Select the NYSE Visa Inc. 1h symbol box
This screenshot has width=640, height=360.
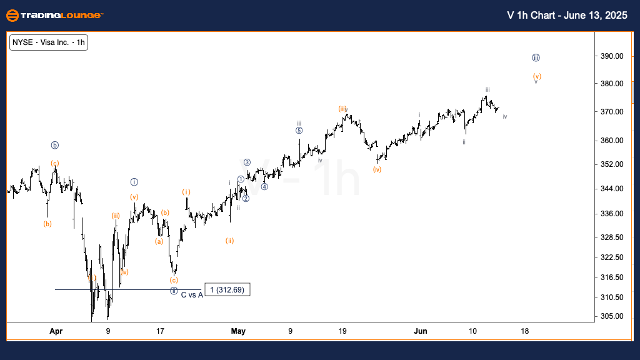(x=48, y=42)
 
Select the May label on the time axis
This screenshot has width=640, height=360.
(x=238, y=331)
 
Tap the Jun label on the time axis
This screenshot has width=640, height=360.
(x=421, y=331)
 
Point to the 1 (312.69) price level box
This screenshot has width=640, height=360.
(x=227, y=290)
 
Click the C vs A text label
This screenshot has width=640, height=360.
(x=192, y=294)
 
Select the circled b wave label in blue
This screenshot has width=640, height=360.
(x=55, y=146)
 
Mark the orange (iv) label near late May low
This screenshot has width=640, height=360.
(x=377, y=169)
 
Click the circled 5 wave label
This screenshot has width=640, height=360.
(x=299, y=131)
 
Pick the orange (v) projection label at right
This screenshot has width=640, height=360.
(x=537, y=76)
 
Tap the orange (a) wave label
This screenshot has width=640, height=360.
(x=159, y=241)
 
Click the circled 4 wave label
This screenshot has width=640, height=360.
(x=264, y=186)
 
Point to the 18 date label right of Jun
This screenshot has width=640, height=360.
(x=524, y=331)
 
